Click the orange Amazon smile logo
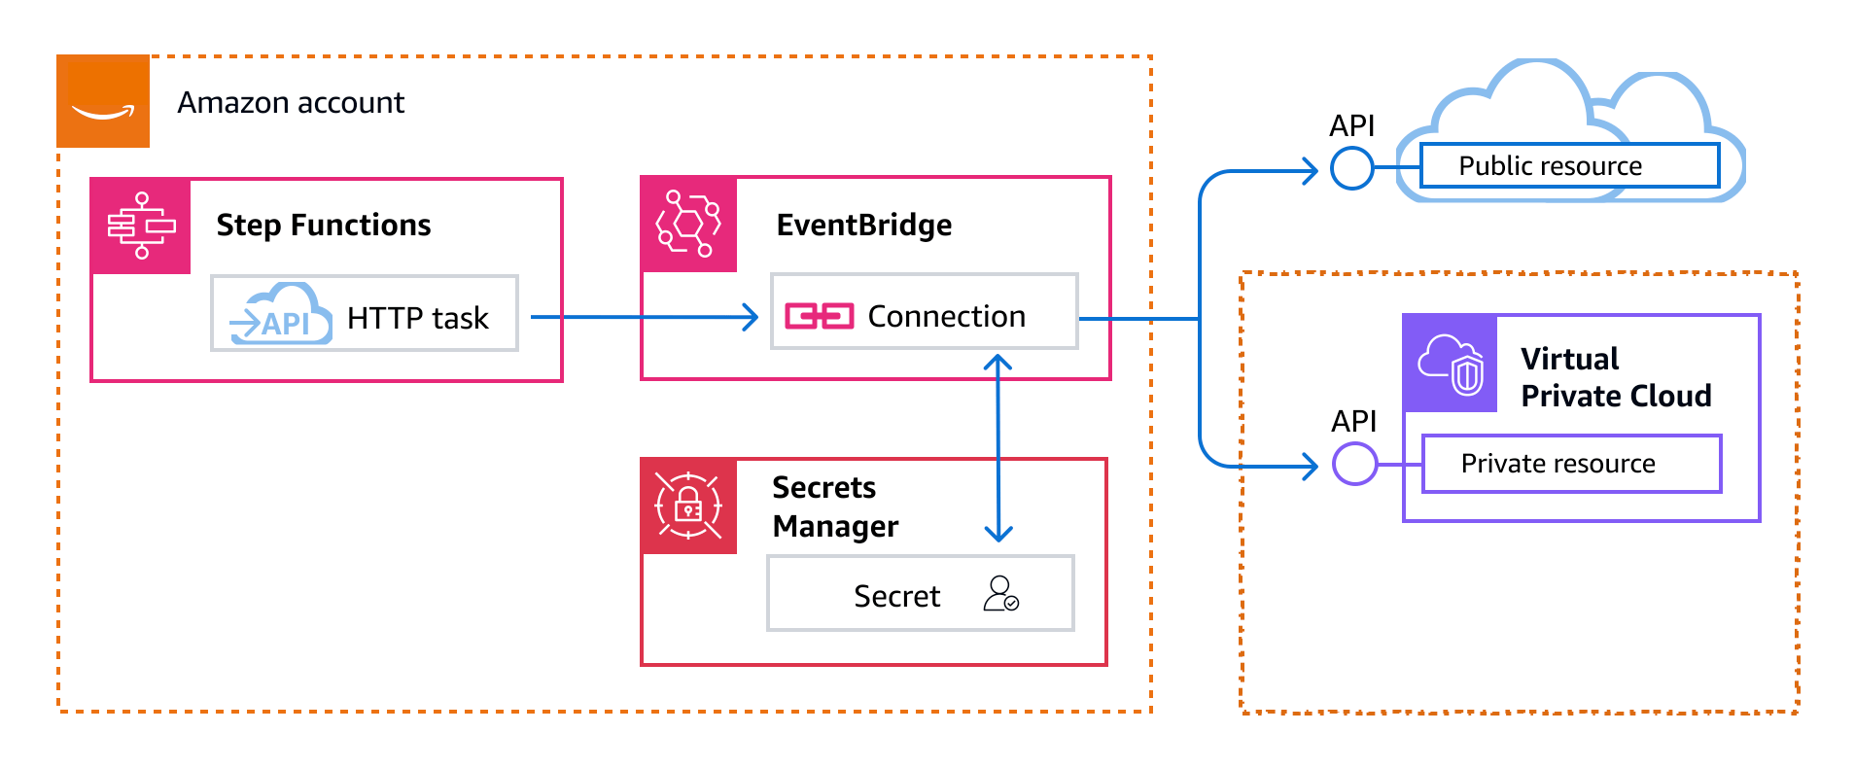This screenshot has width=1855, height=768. point(103,101)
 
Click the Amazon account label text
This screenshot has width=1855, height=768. point(290,103)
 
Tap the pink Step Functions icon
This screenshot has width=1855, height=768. point(141,226)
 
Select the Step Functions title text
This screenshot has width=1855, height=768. point(323,226)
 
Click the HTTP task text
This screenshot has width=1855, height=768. point(417,318)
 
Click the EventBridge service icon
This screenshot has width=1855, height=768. point(688,225)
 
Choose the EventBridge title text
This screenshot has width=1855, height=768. point(863,226)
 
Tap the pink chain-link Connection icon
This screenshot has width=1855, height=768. point(819,316)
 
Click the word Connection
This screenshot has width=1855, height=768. point(946,317)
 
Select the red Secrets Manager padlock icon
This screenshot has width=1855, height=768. point(688,506)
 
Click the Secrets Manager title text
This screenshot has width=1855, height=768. point(834,506)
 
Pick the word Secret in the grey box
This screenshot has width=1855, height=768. point(896,596)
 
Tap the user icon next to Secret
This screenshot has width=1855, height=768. point(1000,593)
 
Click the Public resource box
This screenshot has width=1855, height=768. point(1568,166)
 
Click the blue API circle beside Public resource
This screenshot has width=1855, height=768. point(1351,168)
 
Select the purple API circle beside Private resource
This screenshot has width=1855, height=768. point(1354,464)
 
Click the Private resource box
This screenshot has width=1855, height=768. point(1570,464)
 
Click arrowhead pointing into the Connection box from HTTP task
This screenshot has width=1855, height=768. point(751,317)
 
